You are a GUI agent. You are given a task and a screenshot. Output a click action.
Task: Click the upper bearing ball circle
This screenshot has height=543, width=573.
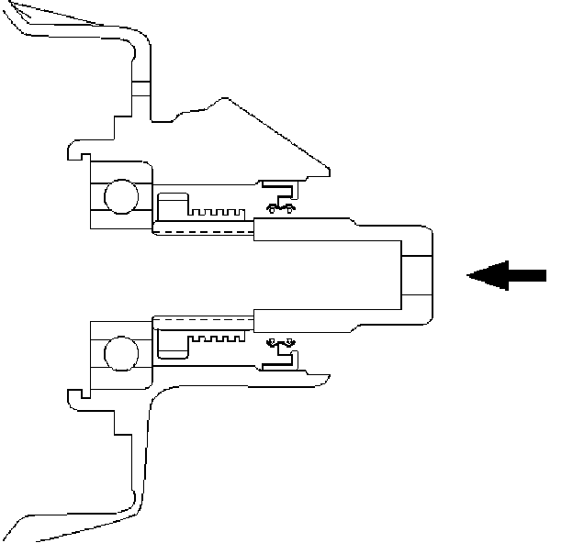(x=120, y=195)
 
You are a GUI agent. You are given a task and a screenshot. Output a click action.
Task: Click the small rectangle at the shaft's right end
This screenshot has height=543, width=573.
(x=416, y=274)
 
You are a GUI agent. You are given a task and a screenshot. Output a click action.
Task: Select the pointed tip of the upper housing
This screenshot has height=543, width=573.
(x=328, y=171)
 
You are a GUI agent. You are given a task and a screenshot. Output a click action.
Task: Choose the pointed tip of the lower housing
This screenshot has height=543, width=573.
(x=328, y=376)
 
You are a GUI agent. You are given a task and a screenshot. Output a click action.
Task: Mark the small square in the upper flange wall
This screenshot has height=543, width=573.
(x=140, y=88)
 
